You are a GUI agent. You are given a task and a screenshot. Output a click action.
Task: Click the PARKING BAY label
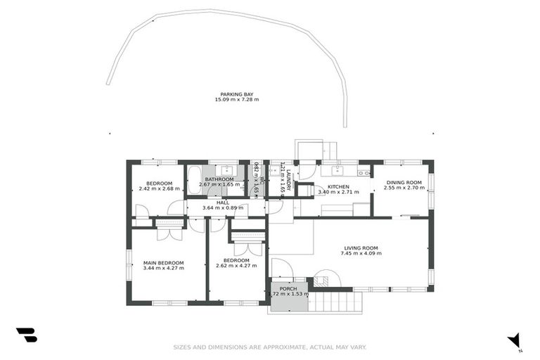pyautogui.click(x=236, y=94)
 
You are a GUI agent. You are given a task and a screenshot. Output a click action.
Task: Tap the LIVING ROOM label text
pyautogui.click(x=361, y=247)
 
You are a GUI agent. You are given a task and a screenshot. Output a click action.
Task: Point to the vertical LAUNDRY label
pyautogui.click(x=288, y=179)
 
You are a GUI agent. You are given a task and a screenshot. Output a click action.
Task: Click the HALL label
pyautogui.click(x=222, y=202)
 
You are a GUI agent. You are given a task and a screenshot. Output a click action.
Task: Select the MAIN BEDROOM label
pyautogui.click(x=163, y=262)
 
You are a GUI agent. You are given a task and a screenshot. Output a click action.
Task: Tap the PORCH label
pyautogui.click(x=288, y=289)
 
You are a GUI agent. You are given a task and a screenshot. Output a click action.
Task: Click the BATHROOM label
pyautogui.click(x=219, y=179)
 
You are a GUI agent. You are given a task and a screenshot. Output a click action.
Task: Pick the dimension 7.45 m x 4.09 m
pyautogui.click(x=361, y=253)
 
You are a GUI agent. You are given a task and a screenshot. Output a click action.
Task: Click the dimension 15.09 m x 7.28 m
pyautogui.click(x=236, y=100)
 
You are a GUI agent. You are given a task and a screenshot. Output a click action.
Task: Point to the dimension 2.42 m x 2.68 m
pyautogui.click(x=153, y=188)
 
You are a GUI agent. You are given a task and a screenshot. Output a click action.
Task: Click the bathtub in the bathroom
pyautogui.click(x=194, y=176)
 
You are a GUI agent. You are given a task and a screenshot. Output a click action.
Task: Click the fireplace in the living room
pyautogui.click(x=324, y=279)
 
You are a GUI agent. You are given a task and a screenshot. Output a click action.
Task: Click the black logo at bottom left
pyautogui.click(x=26, y=335)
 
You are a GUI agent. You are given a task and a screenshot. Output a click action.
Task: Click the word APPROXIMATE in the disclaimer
pyautogui.click(x=269, y=347)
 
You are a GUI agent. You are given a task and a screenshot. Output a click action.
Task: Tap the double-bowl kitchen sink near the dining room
pyautogui.click(x=364, y=172)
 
